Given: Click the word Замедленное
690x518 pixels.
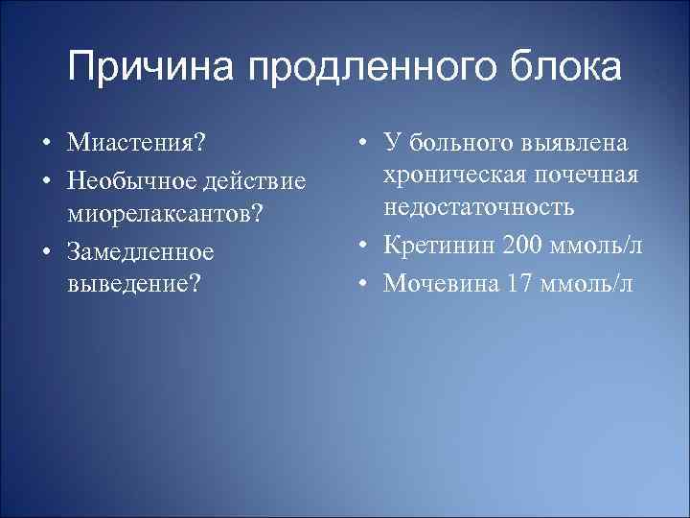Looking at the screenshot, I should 139,251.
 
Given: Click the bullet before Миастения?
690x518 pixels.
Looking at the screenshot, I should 46,143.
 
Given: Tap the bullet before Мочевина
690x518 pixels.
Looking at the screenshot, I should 365,284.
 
